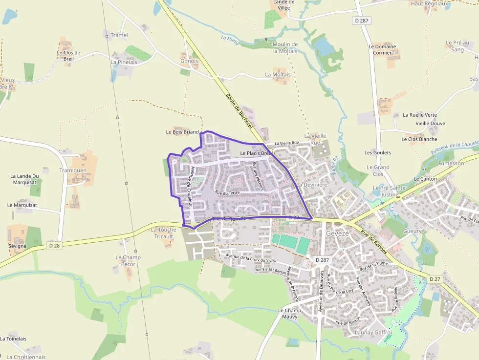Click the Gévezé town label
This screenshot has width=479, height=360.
pyautogui.click(x=337, y=233)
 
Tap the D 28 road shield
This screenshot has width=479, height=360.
pyautogui.click(x=54, y=246)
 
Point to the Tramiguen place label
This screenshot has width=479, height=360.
pyautogui.click(x=73, y=170)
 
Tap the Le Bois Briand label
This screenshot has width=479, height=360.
pyautogui.click(x=182, y=132)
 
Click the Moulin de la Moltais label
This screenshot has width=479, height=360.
pyautogui.click(x=285, y=47)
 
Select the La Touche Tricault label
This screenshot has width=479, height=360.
pyautogui.click(x=163, y=233)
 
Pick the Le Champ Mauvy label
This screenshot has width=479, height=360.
pyautogui.click(x=290, y=313)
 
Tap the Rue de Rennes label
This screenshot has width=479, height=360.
pyautogui.click(x=374, y=242)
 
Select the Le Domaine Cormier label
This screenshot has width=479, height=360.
pyautogui.click(x=382, y=49)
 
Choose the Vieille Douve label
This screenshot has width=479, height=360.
pyautogui.click(x=430, y=124)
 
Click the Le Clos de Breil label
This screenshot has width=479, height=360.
pyautogui.click(x=68, y=56)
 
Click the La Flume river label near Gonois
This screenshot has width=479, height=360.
pyautogui.click(x=230, y=40)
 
